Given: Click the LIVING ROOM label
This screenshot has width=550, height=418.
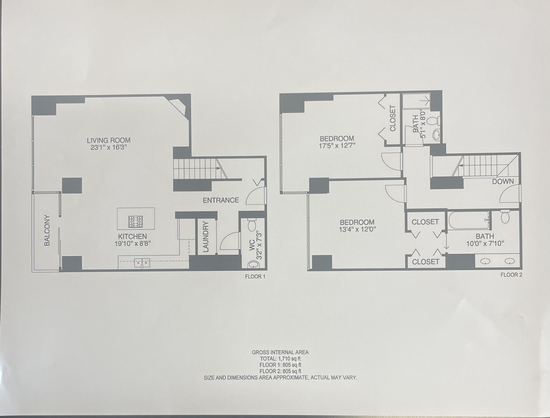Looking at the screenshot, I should [x=108, y=140].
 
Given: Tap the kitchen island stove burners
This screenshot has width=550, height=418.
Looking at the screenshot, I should [x=135, y=222].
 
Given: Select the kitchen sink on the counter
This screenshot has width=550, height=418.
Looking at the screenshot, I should [x=142, y=263].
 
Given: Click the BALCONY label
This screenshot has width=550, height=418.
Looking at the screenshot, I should [x=47, y=230].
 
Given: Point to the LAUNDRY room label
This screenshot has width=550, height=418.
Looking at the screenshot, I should [x=206, y=236].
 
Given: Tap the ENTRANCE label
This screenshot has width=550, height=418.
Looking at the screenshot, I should [x=221, y=200].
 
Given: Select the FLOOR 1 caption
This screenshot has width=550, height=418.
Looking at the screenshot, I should [x=255, y=277].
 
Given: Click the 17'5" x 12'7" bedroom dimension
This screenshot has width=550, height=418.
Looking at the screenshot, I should [x=337, y=146].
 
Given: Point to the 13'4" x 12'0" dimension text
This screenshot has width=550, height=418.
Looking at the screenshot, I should [x=357, y=229].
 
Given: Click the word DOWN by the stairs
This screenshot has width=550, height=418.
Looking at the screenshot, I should [x=503, y=181].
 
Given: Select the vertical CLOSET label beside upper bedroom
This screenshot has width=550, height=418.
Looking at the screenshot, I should [x=393, y=118].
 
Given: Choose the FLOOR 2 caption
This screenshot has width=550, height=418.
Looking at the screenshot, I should [x=511, y=275].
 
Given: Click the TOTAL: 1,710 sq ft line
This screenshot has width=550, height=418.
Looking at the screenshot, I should [x=280, y=359].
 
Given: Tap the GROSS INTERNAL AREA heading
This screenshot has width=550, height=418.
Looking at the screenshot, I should [x=280, y=352].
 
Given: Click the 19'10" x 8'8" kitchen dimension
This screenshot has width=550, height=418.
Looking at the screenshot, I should [x=132, y=243].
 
